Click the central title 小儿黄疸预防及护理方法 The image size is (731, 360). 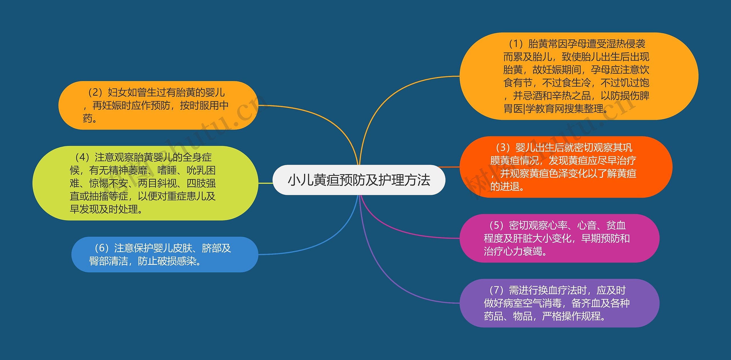point(359,180)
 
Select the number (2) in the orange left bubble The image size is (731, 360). point(96,92)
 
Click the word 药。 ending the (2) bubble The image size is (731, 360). point(90,118)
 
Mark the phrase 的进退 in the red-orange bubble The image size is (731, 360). point(505,187)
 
